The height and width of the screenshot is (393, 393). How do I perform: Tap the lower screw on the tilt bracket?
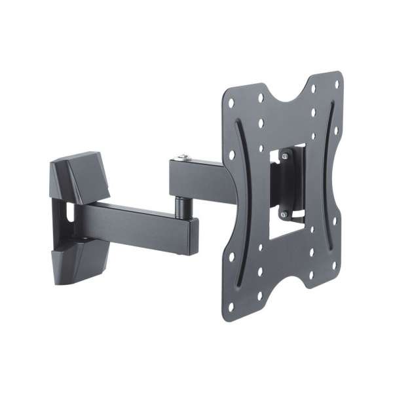tap(283, 214)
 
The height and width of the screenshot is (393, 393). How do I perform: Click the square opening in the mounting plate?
tap(287, 190)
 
